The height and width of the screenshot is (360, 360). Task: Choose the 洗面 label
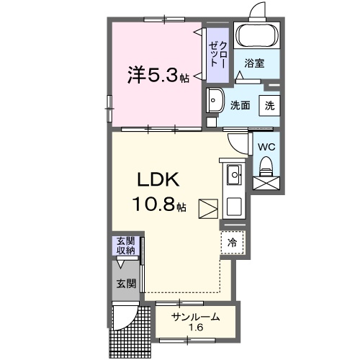[x=240, y=105]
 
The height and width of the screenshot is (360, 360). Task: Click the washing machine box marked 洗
[x=269, y=105]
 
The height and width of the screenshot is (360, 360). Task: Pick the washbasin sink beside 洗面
[x=215, y=101]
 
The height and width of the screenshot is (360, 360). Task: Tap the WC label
[x=266, y=146]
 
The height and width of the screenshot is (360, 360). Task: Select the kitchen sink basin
[x=234, y=174]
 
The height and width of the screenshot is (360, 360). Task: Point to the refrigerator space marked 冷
[x=233, y=243]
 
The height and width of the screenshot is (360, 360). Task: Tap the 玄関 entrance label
[x=126, y=283]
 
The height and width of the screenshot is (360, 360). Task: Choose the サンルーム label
[x=195, y=318]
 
